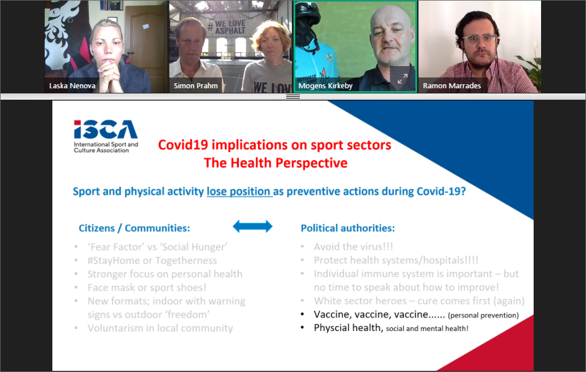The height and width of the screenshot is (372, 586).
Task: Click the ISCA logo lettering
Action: [106, 129]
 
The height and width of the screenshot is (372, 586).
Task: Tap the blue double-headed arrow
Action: [253, 226]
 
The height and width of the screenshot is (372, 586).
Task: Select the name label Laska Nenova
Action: [72, 85]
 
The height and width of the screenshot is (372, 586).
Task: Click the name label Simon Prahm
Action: [196, 85]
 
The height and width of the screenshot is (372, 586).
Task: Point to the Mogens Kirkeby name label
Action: [325, 85]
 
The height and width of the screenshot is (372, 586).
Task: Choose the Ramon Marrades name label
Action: [452, 85]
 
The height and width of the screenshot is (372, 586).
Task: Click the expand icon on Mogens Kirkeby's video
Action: [402, 79]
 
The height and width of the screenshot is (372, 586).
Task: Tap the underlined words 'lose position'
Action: [238, 191]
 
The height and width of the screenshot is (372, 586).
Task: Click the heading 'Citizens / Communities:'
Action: [134, 228]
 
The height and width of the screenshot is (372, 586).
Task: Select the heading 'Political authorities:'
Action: [348, 228]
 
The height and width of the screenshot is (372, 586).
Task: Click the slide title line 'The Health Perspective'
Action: [275, 163]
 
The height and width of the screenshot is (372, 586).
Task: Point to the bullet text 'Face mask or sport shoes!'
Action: [147, 288]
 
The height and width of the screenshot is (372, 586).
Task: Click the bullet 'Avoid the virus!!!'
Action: [353, 247]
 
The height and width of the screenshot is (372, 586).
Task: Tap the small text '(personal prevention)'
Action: [483, 316]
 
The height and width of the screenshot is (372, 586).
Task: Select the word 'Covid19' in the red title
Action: [183, 145]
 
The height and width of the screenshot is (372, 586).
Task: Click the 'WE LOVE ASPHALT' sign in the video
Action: [227, 27]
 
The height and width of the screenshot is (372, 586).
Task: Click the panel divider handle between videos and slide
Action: [293, 96]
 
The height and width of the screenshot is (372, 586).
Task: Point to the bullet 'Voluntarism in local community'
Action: [160, 328]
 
